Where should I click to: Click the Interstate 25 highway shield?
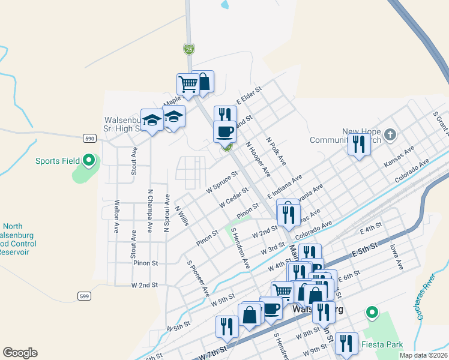(189, 48)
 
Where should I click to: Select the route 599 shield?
(85, 296)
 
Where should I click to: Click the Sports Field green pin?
(89, 160)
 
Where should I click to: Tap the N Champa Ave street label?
(150, 211)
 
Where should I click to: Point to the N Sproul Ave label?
(167, 213)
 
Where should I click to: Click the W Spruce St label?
(221, 181)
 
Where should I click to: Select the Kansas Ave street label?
(400, 155)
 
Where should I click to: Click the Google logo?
(20, 353)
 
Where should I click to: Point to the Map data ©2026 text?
(423, 355)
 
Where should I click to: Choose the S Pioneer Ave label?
(197, 279)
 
